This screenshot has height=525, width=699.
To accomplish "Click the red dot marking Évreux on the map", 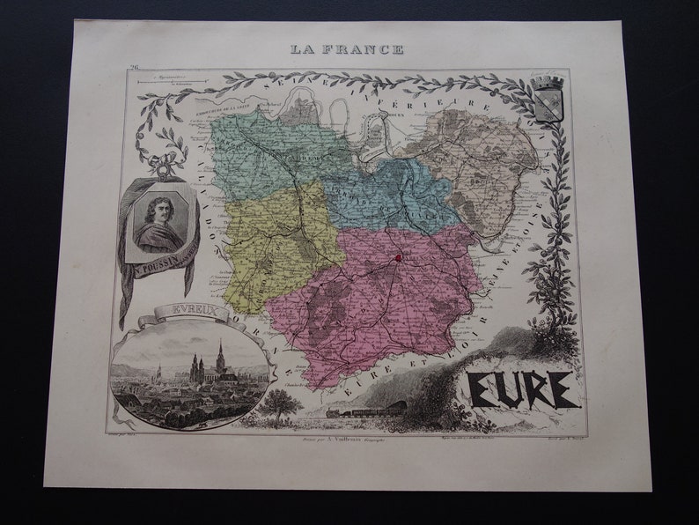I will [x=398, y=258].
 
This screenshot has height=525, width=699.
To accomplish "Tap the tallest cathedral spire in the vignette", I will [x=220, y=356].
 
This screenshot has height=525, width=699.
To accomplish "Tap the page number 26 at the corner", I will [x=134, y=67].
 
